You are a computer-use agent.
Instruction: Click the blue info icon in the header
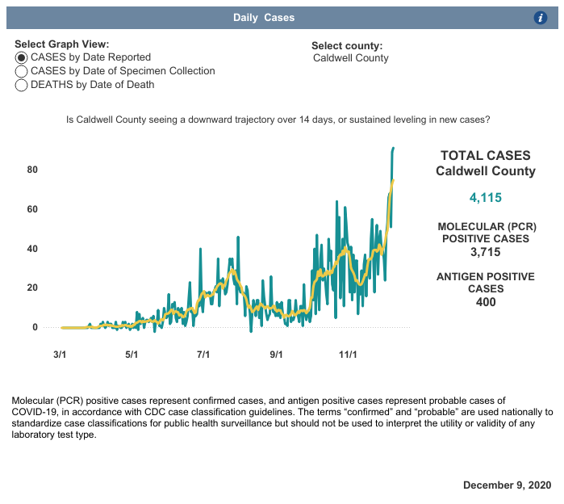pyautogui.click(x=541, y=18)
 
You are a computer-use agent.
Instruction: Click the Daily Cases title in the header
pyautogui.click(x=264, y=18)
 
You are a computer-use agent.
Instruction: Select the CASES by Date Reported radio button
pyautogui.click(x=22, y=58)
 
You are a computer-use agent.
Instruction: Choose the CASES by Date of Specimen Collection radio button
pyautogui.click(x=22, y=71)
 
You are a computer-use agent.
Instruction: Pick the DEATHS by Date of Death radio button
pyautogui.click(x=22, y=85)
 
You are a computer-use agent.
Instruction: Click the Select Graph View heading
pyautogui.click(x=62, y=44)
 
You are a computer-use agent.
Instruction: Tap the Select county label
pyautogui.click(x=347, y=46)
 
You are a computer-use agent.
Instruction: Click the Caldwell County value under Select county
pyautogui.click(x=351, y=58)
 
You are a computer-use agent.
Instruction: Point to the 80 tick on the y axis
pyautogui.click(x=32, y=170)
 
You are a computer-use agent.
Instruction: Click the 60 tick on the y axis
pyautogui.click(x=32, y=209)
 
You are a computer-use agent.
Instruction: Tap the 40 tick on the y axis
pyautogui.click(x=32, y=249)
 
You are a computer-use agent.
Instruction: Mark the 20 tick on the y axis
pyautogui.click(x=32, y=288)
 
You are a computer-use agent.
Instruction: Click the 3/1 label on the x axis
pyautogui.click(x=59, y=355)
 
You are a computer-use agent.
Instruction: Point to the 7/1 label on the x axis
pyautogui.click(x=203, y=355)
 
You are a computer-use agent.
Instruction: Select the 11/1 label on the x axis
pyautogui.click(x=348, y=355)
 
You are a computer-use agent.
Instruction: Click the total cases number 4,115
pyautogui.click(x=485, y=198)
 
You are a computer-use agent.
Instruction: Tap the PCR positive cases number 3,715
pyautogui.click(x=485, y=253)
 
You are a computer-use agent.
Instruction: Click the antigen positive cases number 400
pyautogui.click(x=485, y=302)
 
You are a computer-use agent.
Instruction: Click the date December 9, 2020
pyautogui.click(x=507, y=485)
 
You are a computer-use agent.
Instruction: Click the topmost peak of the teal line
pyautogui.click(x=393, y=148)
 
